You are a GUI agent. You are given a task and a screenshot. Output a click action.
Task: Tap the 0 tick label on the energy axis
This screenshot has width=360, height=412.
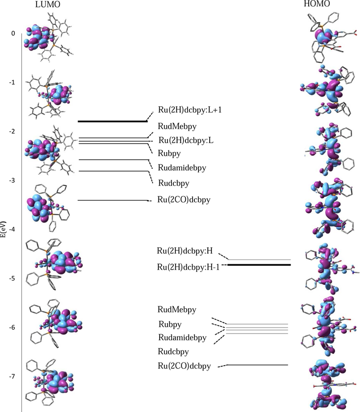point(13,34)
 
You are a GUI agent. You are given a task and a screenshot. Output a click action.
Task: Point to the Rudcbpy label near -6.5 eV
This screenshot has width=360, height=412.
point(179,351)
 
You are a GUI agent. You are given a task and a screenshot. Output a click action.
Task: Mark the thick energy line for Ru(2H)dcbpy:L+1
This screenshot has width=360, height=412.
point(112,121)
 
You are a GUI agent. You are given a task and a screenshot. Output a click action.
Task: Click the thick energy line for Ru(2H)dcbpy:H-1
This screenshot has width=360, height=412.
point(259,265)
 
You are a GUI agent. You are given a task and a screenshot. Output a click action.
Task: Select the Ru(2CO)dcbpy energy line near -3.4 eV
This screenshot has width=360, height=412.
point(112,200)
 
